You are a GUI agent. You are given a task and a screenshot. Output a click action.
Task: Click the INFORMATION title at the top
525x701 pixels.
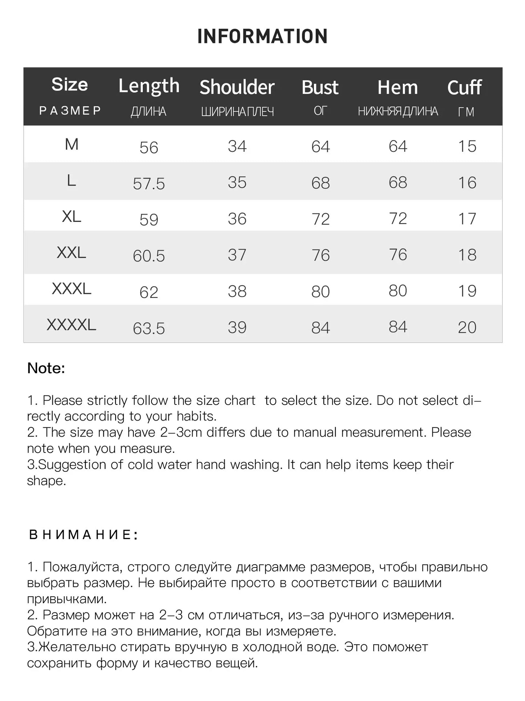(x=262, y=36)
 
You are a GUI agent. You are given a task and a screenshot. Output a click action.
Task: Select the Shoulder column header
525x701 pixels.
(x=237, y=87)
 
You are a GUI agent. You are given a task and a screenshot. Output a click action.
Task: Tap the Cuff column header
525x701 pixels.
(x=464, y=88)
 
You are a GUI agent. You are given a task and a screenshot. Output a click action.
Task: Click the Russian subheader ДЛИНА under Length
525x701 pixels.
(x=148, y=112)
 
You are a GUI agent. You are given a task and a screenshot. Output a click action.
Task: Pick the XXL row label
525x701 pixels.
(x=71, y=252)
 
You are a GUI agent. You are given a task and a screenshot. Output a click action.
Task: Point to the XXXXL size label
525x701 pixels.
(x=71, y=324)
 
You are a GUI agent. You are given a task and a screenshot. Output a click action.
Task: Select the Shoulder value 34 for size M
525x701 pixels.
(x=237, y=146)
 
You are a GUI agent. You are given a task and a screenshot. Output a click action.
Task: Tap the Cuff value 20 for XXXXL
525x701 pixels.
(x=467, y=327)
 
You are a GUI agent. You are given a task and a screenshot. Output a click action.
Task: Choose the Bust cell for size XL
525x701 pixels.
(x=320, y=219)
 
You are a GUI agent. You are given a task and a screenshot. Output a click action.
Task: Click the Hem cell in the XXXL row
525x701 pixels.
(x=398, y=291)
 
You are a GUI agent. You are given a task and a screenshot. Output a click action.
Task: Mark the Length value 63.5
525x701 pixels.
(x=149, y=328)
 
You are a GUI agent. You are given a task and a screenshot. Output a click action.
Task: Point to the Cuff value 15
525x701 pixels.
(x=467, y=146)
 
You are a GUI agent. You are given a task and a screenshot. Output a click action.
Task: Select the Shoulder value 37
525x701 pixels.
(x=237, y=255)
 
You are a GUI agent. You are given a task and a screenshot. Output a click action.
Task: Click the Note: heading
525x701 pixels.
(x=46, y=368)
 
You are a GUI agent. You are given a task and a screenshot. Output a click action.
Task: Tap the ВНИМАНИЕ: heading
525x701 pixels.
(x=83, y=535)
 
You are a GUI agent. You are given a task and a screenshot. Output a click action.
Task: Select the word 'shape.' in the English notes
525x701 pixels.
(x=47, y=481)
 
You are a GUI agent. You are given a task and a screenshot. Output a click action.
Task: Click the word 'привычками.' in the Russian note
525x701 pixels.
(x=67, y=599)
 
